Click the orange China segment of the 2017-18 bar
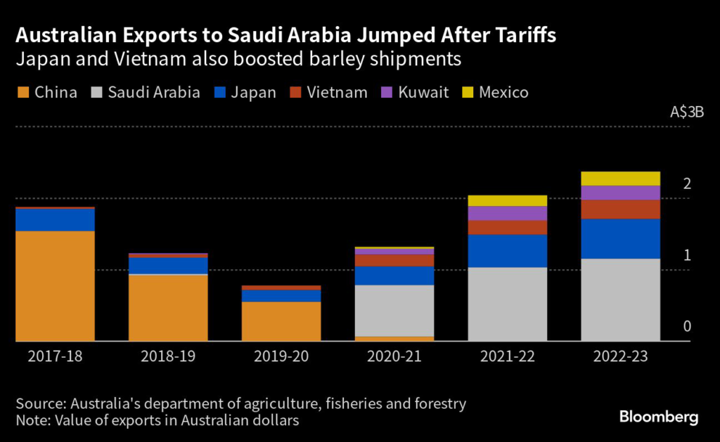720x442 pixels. click(55, 285)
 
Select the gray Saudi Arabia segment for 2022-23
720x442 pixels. click(621, 299)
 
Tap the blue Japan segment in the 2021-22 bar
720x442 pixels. click(508, 251)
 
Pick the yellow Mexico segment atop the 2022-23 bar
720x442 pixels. click(621, 178)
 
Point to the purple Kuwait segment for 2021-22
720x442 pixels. click(508, 213)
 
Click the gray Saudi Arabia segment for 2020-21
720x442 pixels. click(394, 311)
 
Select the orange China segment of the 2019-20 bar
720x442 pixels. click(281, 321)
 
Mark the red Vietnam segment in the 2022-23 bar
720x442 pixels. click(621, 209)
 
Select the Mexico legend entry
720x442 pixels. click(496, 93)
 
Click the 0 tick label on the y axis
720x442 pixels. click(687, 327)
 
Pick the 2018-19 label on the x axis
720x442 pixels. click(168, 356)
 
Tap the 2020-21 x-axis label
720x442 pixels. click(394, 356)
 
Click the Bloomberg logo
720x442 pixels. click(658, 417)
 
